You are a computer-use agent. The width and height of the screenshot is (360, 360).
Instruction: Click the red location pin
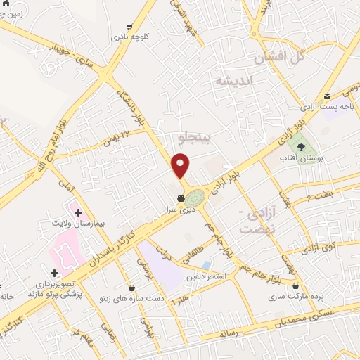[x=181, y=166]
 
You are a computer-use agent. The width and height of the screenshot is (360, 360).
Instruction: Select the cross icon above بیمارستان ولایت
[x=78, y=212]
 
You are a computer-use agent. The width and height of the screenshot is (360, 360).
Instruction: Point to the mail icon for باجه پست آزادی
[x=327, y=96]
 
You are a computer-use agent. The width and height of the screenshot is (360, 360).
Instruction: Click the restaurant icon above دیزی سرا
[x=181, y=198]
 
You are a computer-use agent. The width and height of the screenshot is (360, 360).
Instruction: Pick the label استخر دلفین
[x=205, y=276]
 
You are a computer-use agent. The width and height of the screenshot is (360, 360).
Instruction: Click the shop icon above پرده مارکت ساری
[x=296, y=286]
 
